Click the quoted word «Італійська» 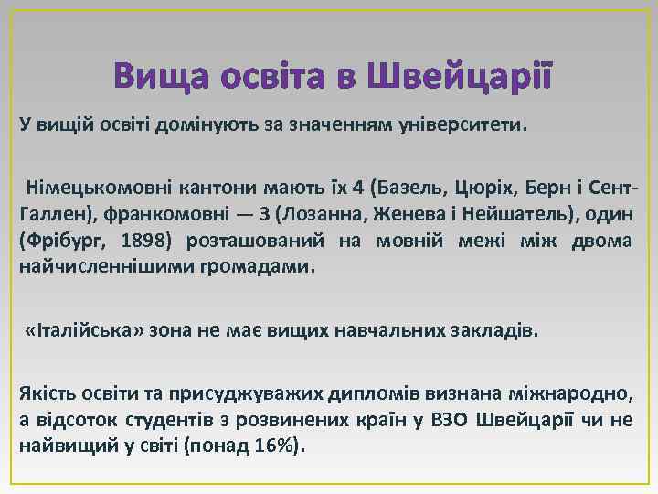[83, 329]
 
